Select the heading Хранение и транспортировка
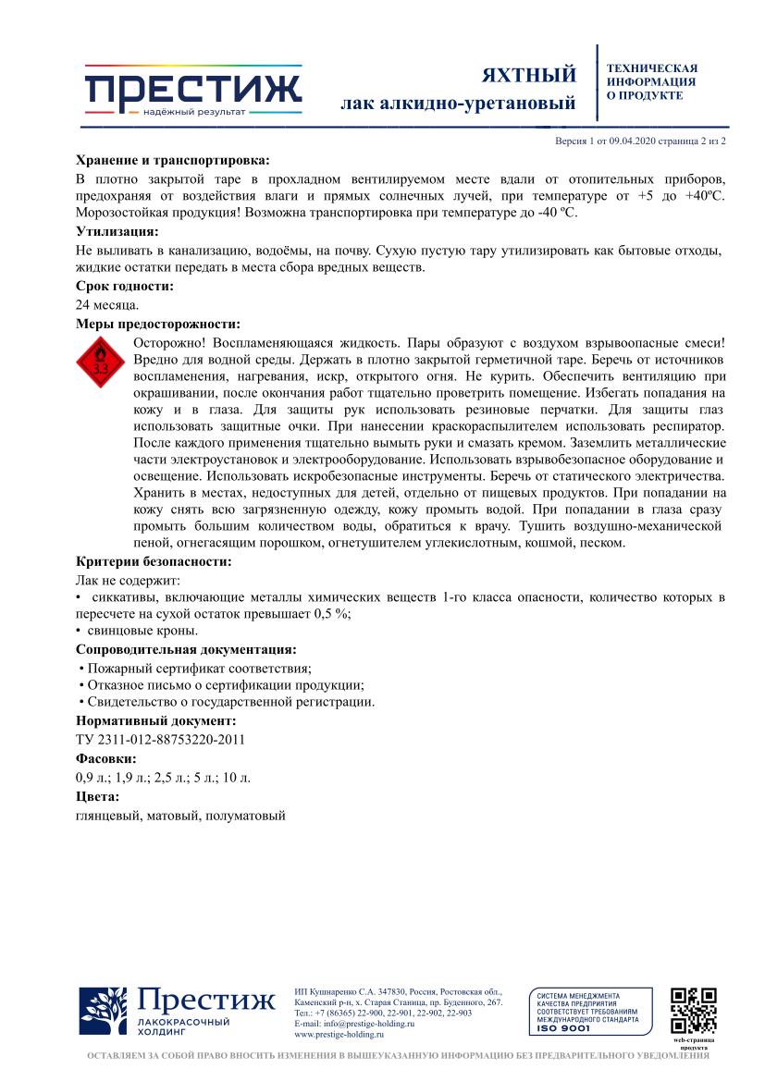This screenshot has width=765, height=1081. [172, 159]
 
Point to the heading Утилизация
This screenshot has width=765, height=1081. [117, 231]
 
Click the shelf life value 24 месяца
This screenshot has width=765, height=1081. [107, 304]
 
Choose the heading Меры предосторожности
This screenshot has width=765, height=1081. [157, 324]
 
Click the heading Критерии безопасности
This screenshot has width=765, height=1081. [153, 561]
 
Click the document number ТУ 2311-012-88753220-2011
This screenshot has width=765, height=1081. [160, 739]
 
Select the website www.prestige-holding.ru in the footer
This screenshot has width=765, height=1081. [339, 1035]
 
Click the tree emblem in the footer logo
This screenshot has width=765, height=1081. [103, 1011]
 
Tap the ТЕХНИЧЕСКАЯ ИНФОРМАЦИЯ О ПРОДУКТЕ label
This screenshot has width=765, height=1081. [651, 81]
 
